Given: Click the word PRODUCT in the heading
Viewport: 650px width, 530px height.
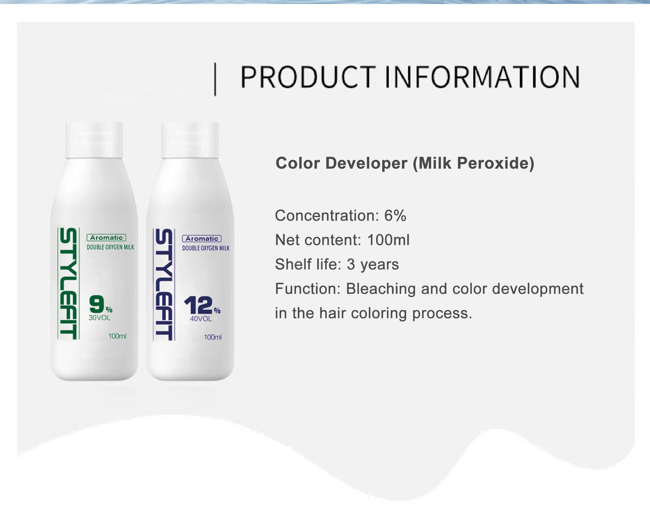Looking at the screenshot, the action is click(308, 77).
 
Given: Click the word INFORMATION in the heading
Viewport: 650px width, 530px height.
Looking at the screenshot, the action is click(483, 77).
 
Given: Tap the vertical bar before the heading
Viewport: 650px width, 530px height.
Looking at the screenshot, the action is click(215, 79).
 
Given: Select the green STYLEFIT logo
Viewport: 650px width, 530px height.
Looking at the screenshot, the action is click(69, 283).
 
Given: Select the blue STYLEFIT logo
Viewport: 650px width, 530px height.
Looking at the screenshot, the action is click(164, 284).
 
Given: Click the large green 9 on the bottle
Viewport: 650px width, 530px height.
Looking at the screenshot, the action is click(96, 304).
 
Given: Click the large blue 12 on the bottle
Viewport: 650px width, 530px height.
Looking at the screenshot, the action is click(198, 305).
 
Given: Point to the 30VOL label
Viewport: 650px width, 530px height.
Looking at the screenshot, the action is click(100, 318).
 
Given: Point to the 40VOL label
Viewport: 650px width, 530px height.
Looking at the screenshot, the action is click(201, 319).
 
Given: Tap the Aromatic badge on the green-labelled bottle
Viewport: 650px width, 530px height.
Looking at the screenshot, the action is click(106, 238).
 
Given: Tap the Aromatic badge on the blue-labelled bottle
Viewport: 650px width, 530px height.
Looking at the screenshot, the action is click(202, 239).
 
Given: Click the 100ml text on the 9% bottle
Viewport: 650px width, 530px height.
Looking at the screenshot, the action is click(117, 336).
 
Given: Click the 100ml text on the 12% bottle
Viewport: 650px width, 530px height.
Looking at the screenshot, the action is click(213, 337).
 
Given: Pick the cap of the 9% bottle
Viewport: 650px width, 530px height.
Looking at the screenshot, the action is click(94, 140).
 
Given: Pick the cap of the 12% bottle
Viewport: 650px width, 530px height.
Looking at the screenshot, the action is click(190, 140).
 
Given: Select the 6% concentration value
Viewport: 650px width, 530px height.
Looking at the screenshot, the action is click(395, 216).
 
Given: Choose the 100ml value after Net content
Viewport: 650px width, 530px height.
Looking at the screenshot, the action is click(388, 240).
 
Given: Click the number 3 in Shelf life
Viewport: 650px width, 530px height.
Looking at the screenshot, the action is click(351, 264).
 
